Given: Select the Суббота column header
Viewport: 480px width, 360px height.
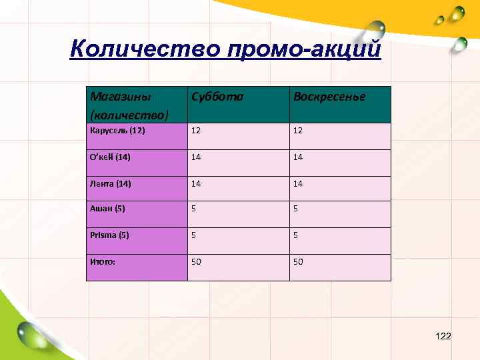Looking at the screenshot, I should pos(217,97).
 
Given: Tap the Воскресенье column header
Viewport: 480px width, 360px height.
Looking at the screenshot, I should pos(329,97).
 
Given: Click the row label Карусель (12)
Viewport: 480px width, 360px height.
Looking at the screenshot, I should pos(117,130).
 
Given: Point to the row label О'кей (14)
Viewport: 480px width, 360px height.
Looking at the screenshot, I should pos(110,157).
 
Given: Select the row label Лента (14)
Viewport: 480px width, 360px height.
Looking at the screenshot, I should pos(111,183).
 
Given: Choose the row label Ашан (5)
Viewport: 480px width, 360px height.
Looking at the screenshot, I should pos(107,208).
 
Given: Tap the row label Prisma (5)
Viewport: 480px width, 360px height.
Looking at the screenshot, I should pos(109,235).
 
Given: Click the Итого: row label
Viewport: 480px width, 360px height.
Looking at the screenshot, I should pos(103,261).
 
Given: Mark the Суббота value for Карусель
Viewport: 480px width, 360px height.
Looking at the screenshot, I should pos(196,130).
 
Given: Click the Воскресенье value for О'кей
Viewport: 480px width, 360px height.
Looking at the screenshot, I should pos(297,157).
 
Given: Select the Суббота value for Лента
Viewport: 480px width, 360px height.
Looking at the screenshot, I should pos(196,183).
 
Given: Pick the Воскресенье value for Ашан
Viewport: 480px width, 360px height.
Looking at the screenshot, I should pos(295,208).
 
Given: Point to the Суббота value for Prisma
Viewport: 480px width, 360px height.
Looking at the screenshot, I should pos(194,235).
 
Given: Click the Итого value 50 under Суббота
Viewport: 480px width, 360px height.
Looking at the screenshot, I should pos(196,261).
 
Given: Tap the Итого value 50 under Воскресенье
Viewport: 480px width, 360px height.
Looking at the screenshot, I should pos(297,261).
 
